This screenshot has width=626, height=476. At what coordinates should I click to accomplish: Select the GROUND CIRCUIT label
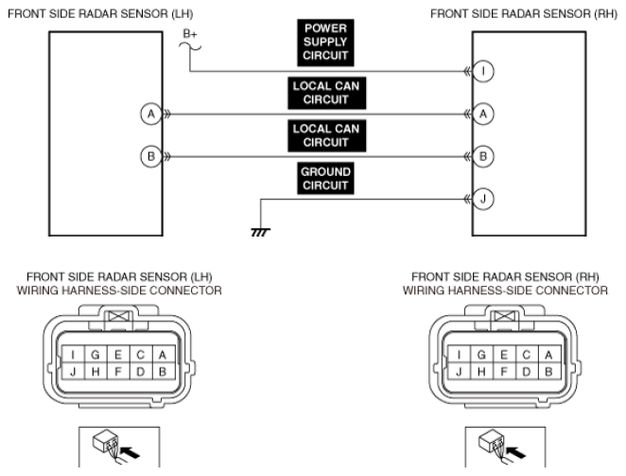click(323, 179)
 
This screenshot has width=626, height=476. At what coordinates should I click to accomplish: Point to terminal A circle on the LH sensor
click(148, 114)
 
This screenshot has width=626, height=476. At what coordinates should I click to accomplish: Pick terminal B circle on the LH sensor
click(148, 156)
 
